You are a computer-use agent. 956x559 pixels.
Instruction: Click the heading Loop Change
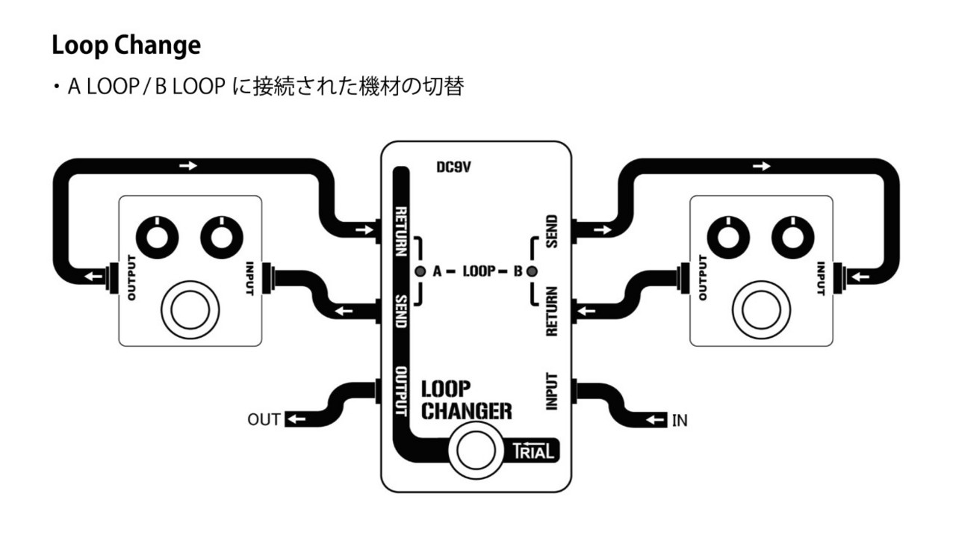[x=126, y=46]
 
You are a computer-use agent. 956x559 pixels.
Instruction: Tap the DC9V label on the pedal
[x=454, y=168]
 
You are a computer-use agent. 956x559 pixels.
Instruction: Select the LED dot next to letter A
[x=420, y=271]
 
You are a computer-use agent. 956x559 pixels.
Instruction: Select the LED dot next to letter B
[x=532, y=271]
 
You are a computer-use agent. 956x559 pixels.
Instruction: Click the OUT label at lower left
[x=264, y=420]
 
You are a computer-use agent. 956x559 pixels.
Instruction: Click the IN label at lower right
[x=680, y=421]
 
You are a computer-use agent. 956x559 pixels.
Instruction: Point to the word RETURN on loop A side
[x=401, y=232]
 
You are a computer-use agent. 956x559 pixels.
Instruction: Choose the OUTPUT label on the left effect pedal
[x=132, y=277]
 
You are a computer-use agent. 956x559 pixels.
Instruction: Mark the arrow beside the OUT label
[x=296, y=420]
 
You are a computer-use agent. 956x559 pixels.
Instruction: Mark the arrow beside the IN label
[x=656, y=421]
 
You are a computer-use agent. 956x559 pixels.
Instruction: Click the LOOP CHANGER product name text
[x=467, y=400]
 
